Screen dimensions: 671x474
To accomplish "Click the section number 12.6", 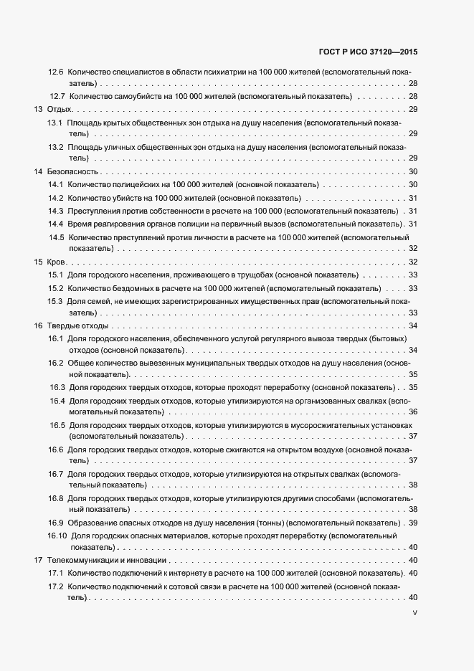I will (x=56, y=72).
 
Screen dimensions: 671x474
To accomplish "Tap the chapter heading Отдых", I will (x=59, y=110).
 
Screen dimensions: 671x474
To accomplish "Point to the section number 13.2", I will (x=56, y=147).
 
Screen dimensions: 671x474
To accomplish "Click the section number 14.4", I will (x=56, y=224).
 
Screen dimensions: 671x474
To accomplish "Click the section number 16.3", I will (x=57, y=388).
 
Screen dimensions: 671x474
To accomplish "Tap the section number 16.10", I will (x=59, y=536).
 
